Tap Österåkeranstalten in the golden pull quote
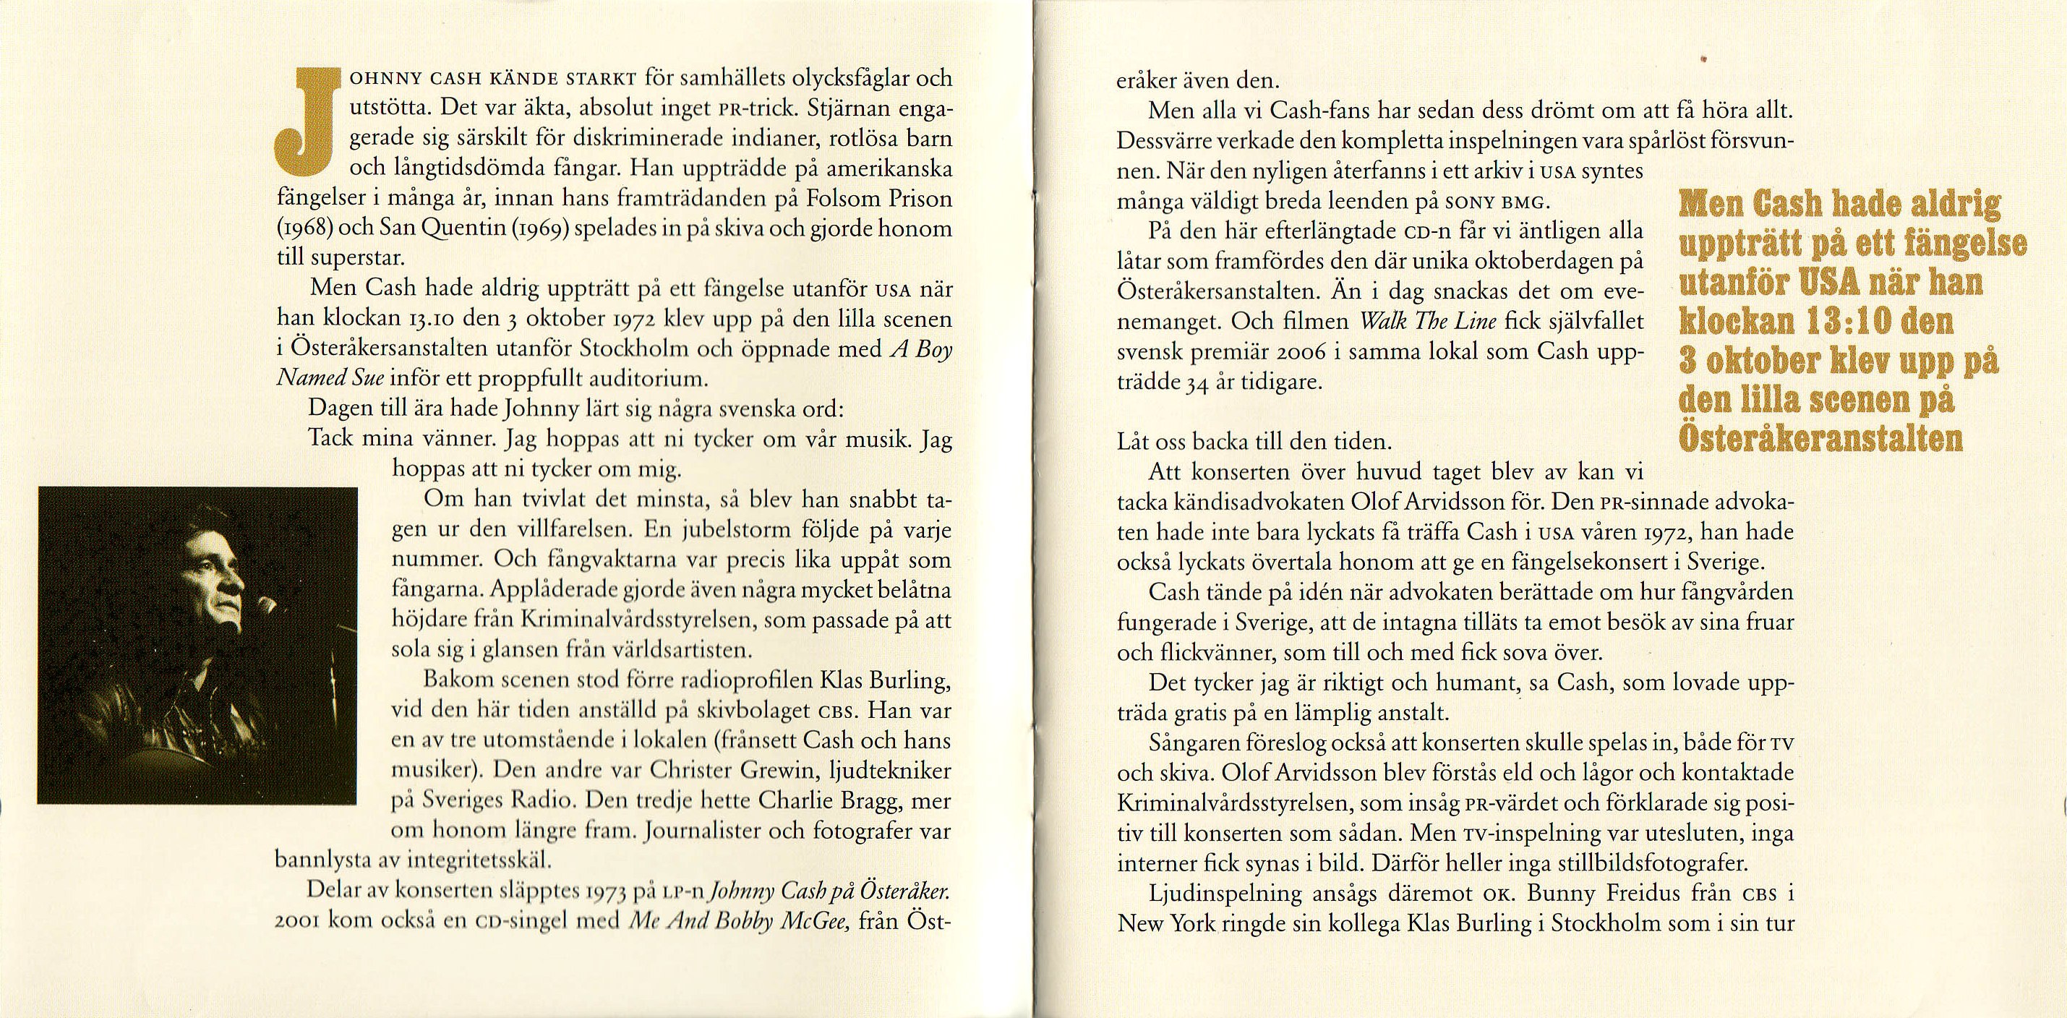(1820, 440)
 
